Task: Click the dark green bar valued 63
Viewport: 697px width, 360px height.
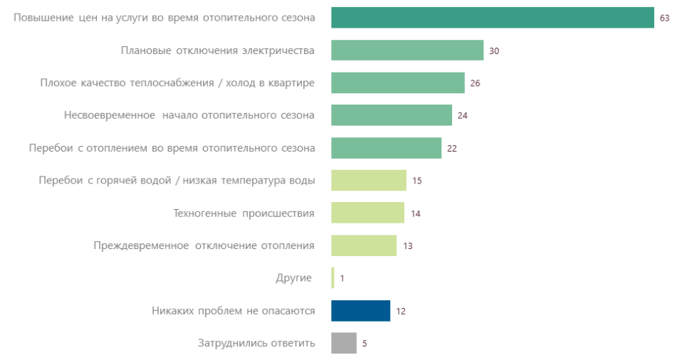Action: click(492, 18)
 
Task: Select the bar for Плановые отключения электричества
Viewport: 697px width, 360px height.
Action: click(407, 51)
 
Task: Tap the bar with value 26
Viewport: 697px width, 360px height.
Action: click(397, 83)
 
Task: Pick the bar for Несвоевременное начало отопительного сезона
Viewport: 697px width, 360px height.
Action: click(391, 115)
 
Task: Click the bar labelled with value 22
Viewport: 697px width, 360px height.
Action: click(386, 148)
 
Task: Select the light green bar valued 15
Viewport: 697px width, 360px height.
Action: click(368, 181)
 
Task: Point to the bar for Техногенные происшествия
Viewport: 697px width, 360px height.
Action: click(367, 213)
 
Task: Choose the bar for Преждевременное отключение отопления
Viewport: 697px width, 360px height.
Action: click(363, 245)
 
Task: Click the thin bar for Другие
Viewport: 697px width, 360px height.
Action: click(332, 278)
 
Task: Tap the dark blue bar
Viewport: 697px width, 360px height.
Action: click(360, 311)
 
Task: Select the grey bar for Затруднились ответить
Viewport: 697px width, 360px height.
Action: click(343, 343)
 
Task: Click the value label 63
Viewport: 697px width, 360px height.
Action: click(664, 18)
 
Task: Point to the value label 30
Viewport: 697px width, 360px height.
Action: click(494, 51)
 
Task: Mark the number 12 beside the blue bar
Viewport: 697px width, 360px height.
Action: click(400, 311)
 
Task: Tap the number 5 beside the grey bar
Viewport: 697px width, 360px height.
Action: click(365, 343)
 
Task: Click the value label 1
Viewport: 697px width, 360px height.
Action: click(342, 278)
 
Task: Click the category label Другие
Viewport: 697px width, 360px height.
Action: click(293, 278)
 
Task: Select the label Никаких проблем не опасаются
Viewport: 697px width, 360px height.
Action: click(233, 311)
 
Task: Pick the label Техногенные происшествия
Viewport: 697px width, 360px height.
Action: click(243, 213)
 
